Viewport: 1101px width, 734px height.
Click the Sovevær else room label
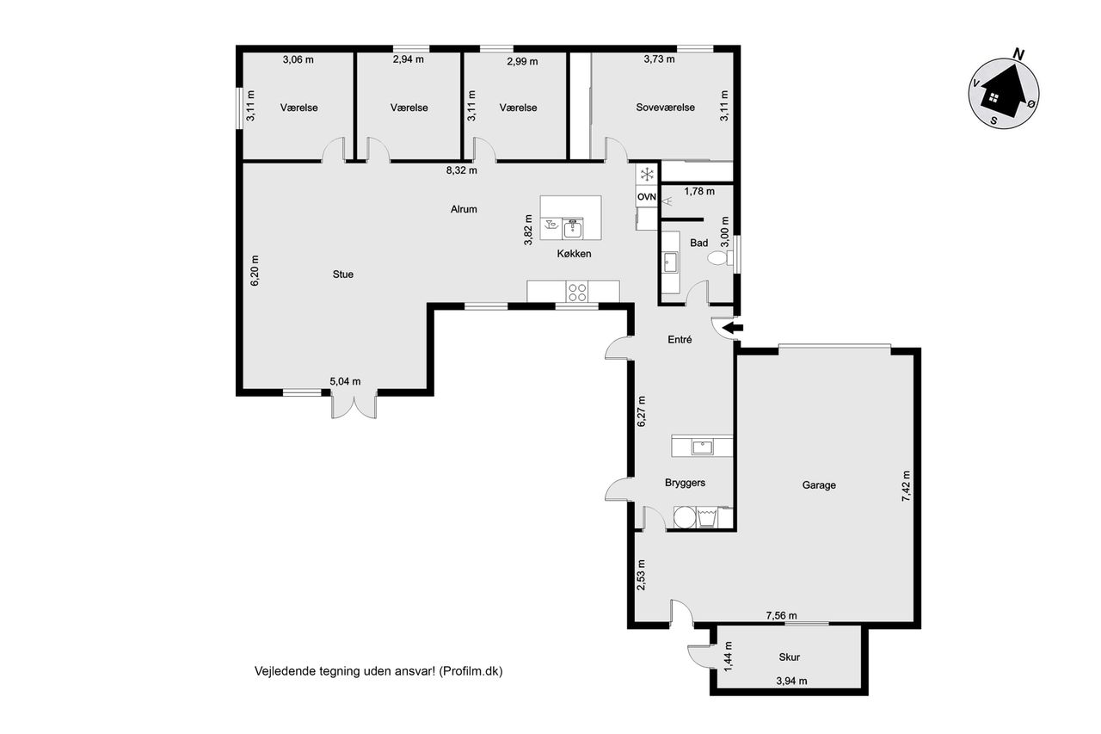point(665,108)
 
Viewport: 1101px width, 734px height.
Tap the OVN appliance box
point(646,197)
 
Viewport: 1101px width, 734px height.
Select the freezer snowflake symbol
point(647,174)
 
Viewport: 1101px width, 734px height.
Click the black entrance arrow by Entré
point(734,328)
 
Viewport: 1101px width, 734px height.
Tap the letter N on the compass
point(1019,54)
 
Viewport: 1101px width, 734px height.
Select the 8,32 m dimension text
point(462,170)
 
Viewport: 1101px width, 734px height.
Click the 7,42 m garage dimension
point(906,486)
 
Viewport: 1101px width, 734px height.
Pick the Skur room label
point(789,657)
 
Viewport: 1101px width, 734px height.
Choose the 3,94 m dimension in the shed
point(791,681)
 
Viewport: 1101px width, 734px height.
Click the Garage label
point(819,485)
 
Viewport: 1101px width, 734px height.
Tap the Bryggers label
point(685,483)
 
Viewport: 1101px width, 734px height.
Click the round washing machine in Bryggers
point(684,517)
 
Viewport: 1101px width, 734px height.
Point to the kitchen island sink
point(572,229)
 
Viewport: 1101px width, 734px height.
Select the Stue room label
point(342,274)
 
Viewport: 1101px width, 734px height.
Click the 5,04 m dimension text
point(345,381)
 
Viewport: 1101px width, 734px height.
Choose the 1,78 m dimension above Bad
point(699,191)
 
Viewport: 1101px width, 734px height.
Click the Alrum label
point(464,209)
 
